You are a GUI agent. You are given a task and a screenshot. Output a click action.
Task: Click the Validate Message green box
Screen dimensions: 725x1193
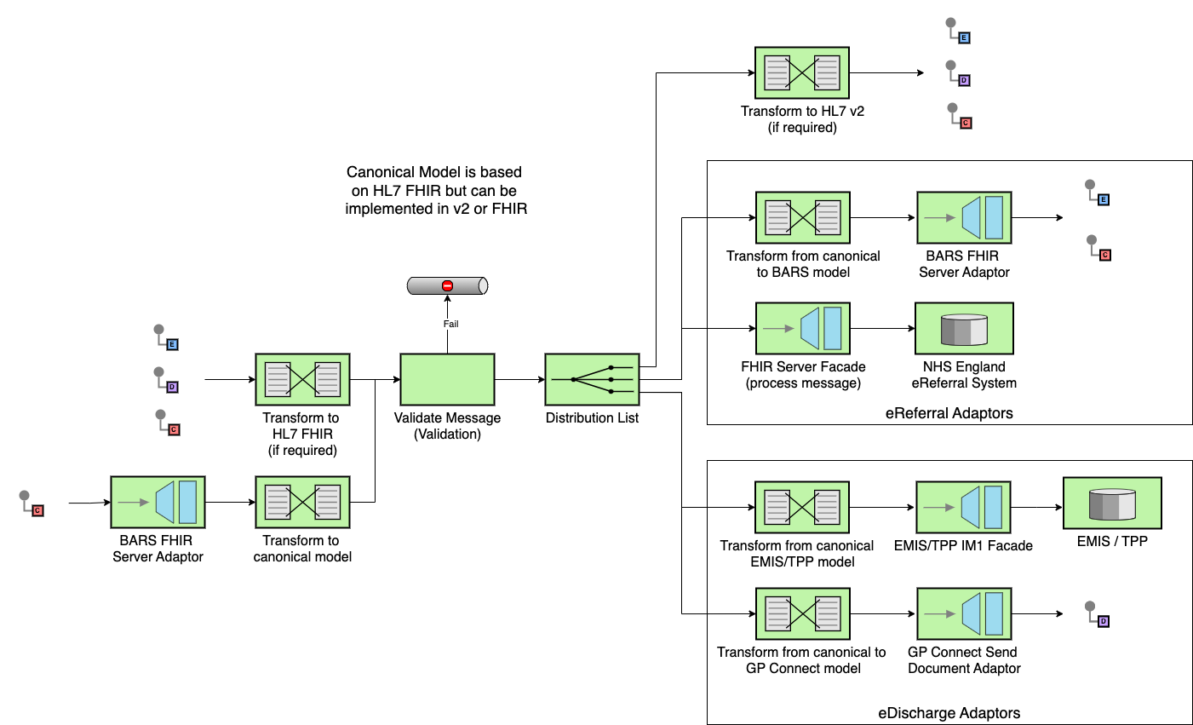(x=447, y=379)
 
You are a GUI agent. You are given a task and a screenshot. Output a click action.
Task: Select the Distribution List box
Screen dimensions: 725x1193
(x=592, y=379)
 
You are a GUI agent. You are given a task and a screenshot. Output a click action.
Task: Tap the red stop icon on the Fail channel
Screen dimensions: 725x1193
(x=447, y=286)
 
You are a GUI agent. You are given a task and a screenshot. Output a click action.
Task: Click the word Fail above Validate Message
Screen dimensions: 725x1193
(x=450, y=324)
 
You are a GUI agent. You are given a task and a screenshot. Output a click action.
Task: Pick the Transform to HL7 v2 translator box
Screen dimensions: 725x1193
(x=802, y=72)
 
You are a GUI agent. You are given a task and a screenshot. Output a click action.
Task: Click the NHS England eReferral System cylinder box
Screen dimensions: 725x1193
(x=964, y=328)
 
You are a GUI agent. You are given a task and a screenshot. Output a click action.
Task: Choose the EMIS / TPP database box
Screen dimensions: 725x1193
(x=1112, y=503)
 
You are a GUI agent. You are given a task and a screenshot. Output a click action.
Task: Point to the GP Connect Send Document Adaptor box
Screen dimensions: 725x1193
(x=964, y=613)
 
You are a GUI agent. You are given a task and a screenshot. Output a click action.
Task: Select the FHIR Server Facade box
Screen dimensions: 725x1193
(x=803, y=328)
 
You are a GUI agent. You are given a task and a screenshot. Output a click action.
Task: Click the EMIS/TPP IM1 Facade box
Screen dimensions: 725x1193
(x=963, y=507)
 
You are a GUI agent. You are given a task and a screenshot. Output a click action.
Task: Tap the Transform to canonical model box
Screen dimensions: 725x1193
(x=302, y=502)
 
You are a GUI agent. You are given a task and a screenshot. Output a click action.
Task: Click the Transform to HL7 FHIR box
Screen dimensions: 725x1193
(x=302, y=379)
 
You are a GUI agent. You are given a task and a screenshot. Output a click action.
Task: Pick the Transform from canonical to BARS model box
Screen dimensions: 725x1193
(x=803, y=217)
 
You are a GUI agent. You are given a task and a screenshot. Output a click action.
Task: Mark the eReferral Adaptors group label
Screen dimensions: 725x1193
(x=949, y=413)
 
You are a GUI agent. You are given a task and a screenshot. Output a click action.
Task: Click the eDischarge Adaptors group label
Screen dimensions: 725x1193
(x=949, y=713)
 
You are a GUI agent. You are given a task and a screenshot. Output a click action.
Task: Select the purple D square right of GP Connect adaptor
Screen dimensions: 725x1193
(x=1104, y=622)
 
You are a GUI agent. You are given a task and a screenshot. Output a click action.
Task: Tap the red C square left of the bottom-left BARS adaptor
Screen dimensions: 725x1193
(x=37, y=511)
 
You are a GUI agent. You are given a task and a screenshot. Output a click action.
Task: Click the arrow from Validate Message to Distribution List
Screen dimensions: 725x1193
(x=519, y=379)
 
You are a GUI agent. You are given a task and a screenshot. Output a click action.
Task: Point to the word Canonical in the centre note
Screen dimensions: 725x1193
(x=381, y=172)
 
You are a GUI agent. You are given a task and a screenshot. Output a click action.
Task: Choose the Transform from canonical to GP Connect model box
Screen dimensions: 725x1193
(x=803, y=613)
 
